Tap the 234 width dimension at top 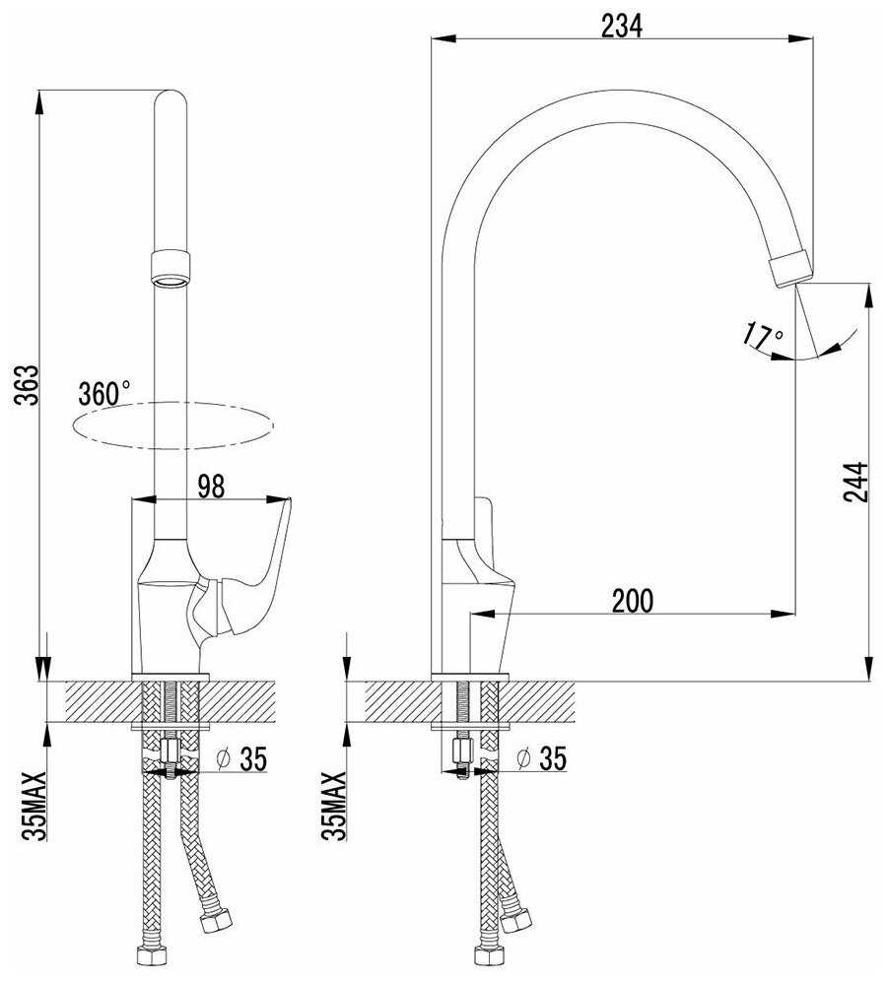621,27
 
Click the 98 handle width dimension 211,485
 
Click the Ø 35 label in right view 541,758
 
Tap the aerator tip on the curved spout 791,267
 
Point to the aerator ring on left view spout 171,267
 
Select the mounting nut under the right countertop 461,754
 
